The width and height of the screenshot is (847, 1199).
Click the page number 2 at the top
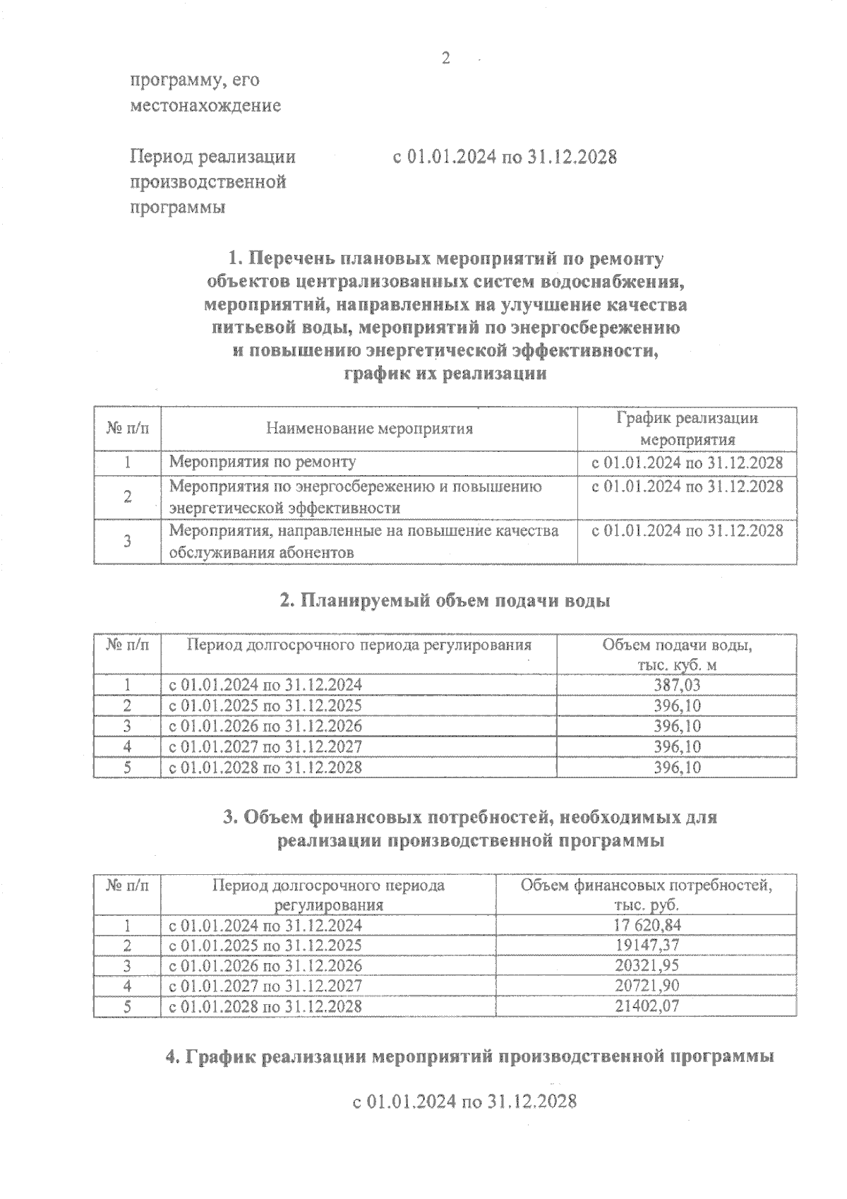click(x=445, y=59)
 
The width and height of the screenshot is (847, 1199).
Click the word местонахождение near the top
click(x=205, y=106)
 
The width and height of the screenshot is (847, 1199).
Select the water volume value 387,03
click(x=677, y=685)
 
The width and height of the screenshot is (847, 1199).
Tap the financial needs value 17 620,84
click(x=647, y=925)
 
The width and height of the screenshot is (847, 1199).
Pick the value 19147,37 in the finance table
click(x=647, y=946)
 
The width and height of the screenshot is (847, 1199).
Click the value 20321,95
click(x=647, y=965)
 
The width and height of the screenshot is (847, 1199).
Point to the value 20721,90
click(x=647, y=986)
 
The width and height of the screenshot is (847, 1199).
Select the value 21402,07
click(x=647, y=1006)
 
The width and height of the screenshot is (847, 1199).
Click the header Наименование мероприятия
click(x=369, y=429)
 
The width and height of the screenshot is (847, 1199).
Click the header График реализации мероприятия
click(x=687, y=429)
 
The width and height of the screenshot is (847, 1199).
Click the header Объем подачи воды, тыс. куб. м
click(x=677, y=655)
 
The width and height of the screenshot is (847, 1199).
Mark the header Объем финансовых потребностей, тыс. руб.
click(x=647, y=895)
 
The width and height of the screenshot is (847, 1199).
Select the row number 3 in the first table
click(x=128, y=542)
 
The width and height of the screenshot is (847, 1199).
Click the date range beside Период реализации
click(x=505, y=157)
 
